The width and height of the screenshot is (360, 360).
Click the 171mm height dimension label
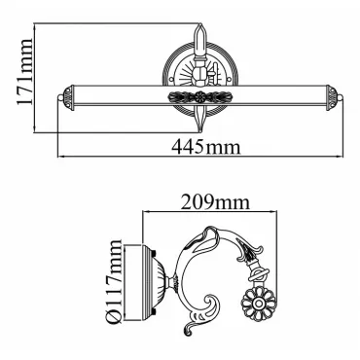tap(24, 72)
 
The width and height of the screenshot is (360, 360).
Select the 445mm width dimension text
tap(206, 147)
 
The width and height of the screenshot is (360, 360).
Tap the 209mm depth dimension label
tap(215, 202)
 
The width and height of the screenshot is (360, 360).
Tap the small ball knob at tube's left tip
tap(59, 97)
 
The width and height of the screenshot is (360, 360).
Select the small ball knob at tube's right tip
tap(341, 97)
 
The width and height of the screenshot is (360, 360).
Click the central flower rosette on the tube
tap(200, 96)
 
